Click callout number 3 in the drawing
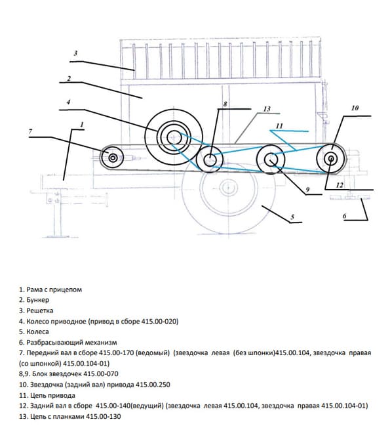[x=76, y=53]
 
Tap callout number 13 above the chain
[x=267, y=109]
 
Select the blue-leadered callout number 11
[x=279, y=126]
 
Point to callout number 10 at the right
[x=355, y=108]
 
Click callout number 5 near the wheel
[x=292, y=217]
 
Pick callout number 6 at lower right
[x=345, y=216]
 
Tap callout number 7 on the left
[x=30, y=131]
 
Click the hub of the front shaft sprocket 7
[x=113, y=158]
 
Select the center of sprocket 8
[x=210, y=159]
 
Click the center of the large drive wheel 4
[x=174, y=136]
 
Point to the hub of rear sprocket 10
[x=331, y=158]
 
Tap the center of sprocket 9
[x=271, y=160]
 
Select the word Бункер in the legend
[x=38, y=300]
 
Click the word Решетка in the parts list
[x=40, y=310]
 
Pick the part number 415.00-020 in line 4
[x=159, y=321]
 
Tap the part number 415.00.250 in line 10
[x=153, y=385]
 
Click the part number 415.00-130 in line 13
[x=104, y=417]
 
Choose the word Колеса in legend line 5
[x=37, y=332]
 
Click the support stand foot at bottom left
[x=57, y=236]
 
